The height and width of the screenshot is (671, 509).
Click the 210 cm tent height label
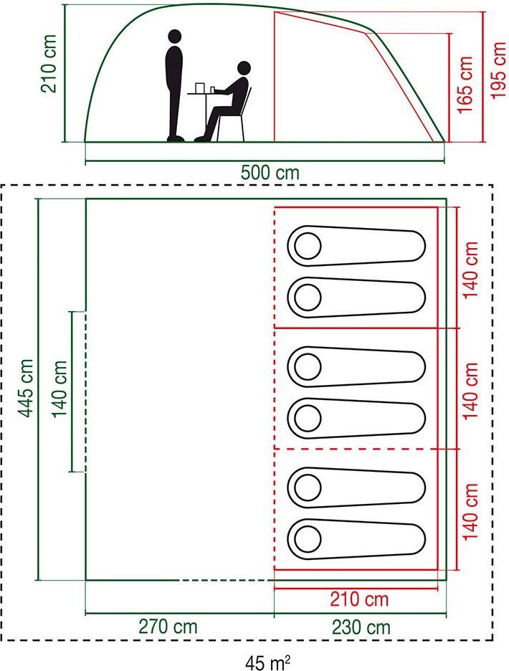pyautogui.click(x=49, y=63)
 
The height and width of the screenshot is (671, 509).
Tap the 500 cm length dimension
pyautogui.click(x=270, y=173)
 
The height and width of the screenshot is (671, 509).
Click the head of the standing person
pyautogui.click(x=174, y=37)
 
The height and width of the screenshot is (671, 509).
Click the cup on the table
pyautogui.click(x=212, y=90)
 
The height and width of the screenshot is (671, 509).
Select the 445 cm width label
pyautogui.click(x=25, y=388)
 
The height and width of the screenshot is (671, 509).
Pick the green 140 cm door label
pyautogui.click(x=60, y=389)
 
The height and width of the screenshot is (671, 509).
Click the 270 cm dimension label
pyautogui.click(x=168, y=627)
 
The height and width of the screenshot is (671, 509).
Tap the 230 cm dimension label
pyautogui.click(x=361, y=628)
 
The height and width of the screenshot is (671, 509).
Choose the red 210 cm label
pyautogui.click(x=359, y=599)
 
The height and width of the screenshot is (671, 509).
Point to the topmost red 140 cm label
pyautogui.click(x=470, y=270)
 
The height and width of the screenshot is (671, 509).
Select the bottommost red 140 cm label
pyautogui.click(x=470, y=511)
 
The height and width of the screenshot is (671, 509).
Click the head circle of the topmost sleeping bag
pyautogui.click(x=308, y=246)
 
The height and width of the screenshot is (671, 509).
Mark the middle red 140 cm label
pyautogui.click(x=470, y=391)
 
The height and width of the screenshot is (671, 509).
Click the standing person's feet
pyautogui.click(x=176, y=138)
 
